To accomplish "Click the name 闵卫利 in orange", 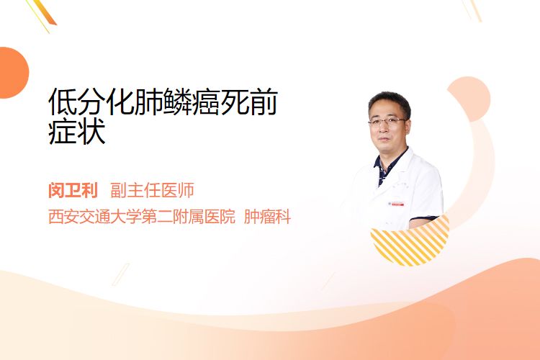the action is coord(73,190).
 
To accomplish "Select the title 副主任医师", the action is coord(152,190).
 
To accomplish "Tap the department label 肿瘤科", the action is coord(267,217).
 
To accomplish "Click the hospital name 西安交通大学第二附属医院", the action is coord(142,217).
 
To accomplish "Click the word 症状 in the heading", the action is coord(77,132).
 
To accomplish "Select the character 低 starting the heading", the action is coord(63,102).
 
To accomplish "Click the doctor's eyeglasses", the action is coord(387,121).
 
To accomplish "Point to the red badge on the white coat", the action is coord(397,204).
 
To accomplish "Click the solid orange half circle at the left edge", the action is coord(13,73).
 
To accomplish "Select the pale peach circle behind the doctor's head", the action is coord(472,99).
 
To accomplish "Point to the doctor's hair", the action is coord(389,101).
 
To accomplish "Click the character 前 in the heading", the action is coord(263,102).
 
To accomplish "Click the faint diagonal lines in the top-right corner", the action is coord(472,10).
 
